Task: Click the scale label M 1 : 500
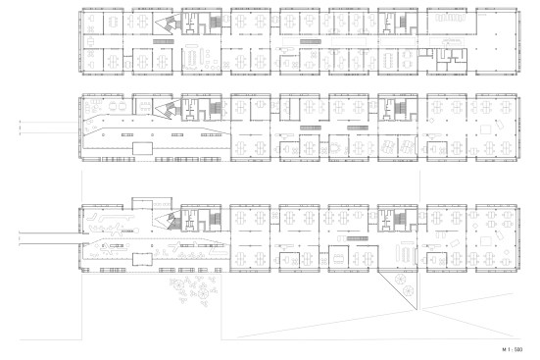tap(513, 349)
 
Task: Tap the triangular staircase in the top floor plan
tap(168, 25)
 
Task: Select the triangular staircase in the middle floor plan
tap(168, 109)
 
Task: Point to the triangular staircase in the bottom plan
tap(168, 220)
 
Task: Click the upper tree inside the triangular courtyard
tap(401, 279)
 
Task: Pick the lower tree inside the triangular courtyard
tap(409, 290)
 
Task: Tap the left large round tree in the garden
tap(178, 284)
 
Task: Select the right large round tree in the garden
tap(203, 294)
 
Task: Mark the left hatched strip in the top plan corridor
tap(164, 42)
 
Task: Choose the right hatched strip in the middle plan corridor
tap(358, 128)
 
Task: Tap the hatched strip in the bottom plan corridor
tap(358, 238)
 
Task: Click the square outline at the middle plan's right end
tap(485, 129)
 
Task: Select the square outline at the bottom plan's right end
tap(485, 240)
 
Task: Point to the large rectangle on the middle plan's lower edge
tap(142, 148)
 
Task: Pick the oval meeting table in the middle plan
tap(334, 148)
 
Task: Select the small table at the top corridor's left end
tap(90, 42)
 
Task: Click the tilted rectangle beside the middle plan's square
tap(500, 125)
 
